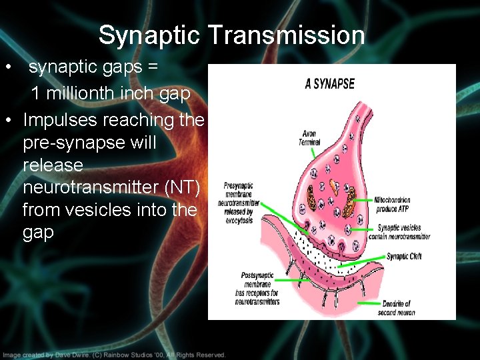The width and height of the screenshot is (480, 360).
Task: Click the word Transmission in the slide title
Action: point(287,35)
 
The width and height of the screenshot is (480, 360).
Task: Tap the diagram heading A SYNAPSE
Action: point(329,84)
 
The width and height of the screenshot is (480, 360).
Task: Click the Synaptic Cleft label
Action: point(404,257)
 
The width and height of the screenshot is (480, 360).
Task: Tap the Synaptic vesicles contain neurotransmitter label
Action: point(404,231)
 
